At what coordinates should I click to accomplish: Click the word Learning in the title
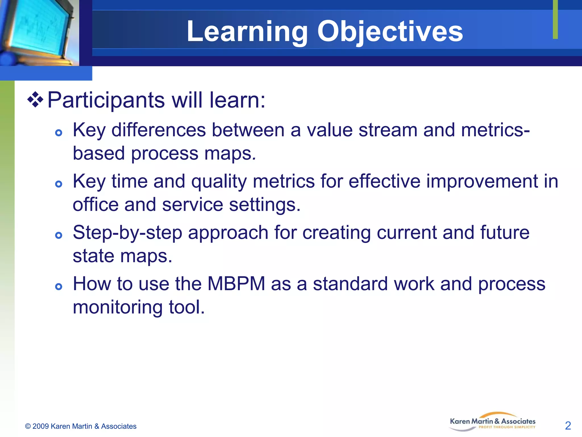tap(247, 32)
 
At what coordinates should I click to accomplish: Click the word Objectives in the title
tap(390, 32)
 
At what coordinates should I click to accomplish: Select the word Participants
tap(106, 100)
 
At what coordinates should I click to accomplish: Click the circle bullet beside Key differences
tap(59, 133)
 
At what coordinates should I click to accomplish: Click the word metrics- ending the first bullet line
tap(495, 130)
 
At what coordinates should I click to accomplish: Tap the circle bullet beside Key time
tap(59, 184)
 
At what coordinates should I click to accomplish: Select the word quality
tap(219, 182)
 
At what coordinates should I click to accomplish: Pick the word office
tap(95, 205)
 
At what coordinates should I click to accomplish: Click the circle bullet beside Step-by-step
tap(59, 235)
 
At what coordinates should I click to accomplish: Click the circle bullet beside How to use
tap(59, 286)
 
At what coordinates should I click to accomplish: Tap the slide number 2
tap(568, 426)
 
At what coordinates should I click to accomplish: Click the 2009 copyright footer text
tap(81, 426)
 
